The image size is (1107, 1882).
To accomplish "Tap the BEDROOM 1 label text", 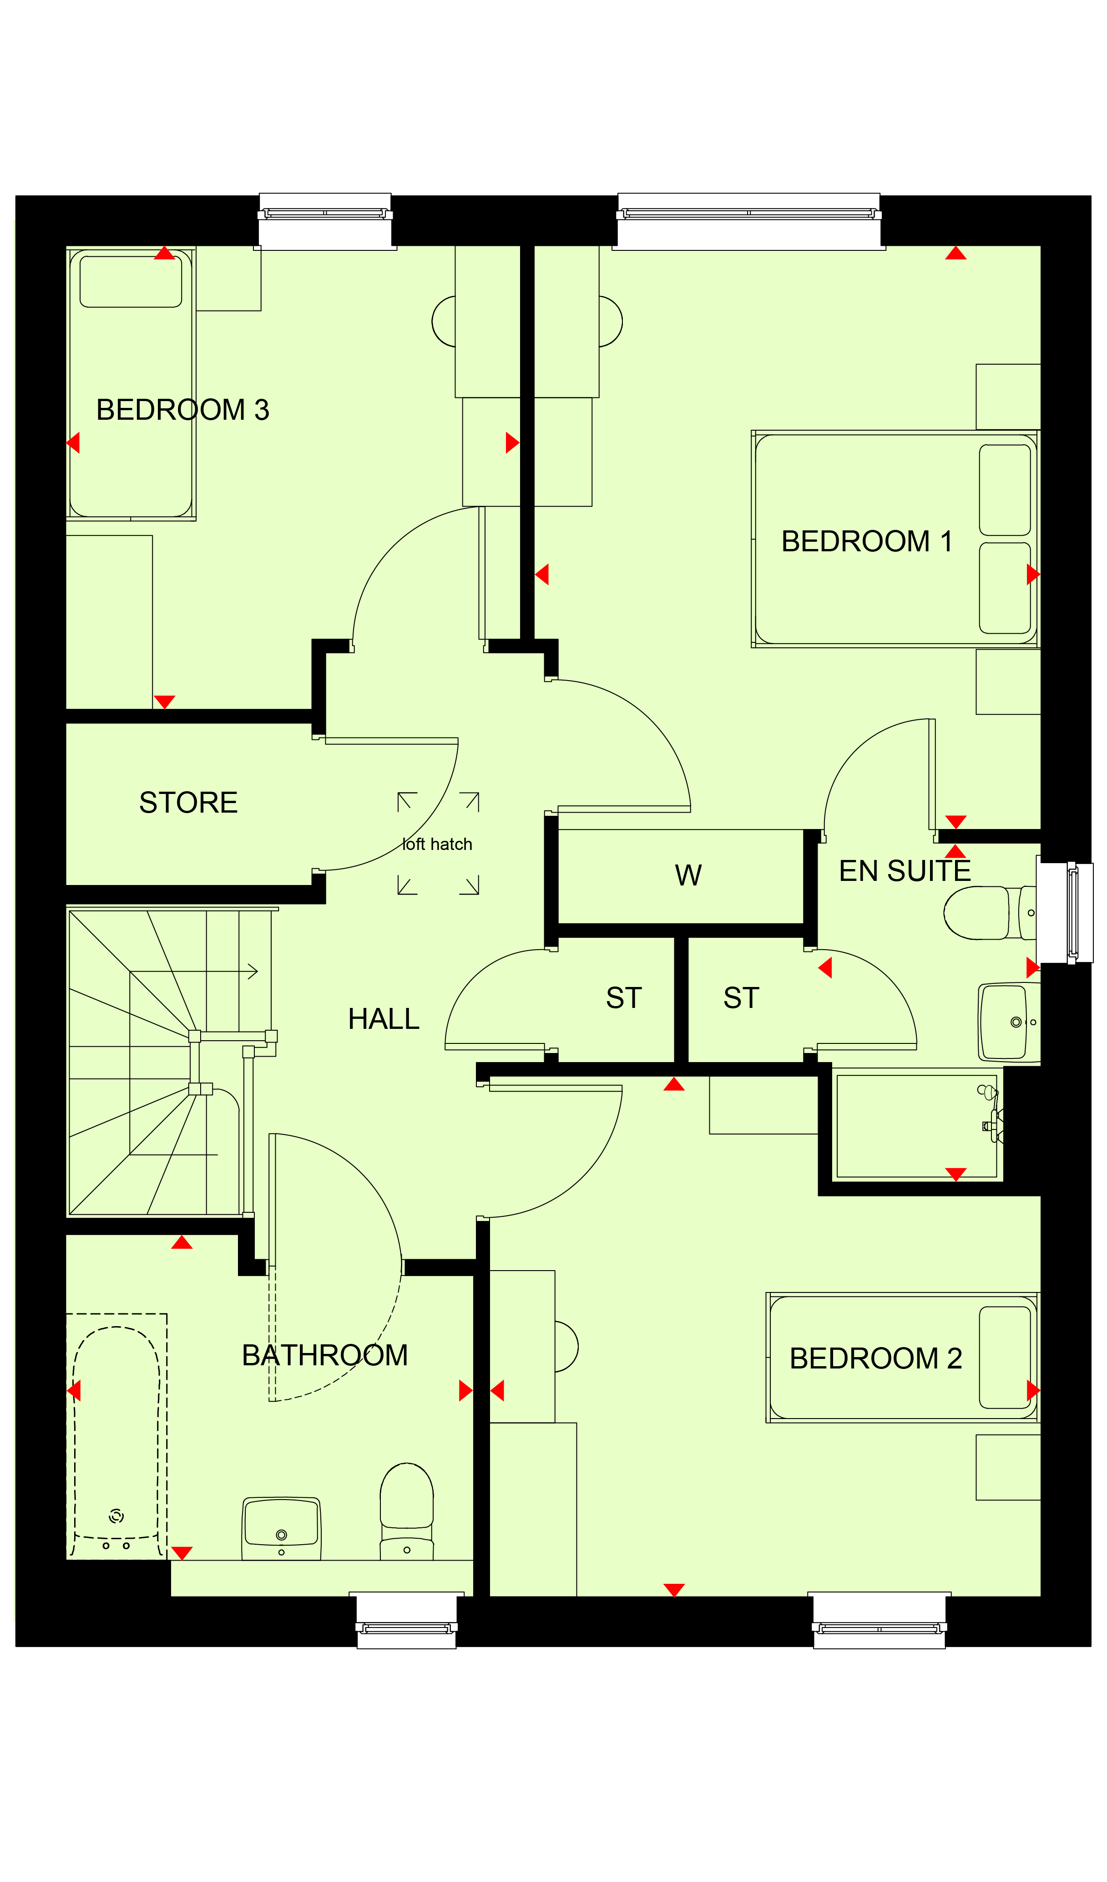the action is coord(867,541).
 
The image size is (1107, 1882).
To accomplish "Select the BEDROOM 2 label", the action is coord(875,1358).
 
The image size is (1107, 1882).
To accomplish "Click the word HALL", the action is coord(384,1019).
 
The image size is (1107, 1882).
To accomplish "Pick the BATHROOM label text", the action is coord(325,1355).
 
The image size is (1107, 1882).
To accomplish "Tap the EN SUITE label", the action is coord(905,871).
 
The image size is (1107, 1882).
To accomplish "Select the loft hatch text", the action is coord(437,844).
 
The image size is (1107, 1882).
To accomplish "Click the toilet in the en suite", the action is coord(989,913).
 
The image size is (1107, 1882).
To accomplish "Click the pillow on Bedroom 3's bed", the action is coord(131,281).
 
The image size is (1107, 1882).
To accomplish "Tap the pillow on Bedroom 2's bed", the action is coord(1005,1358).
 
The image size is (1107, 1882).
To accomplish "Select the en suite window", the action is coord(1065,912).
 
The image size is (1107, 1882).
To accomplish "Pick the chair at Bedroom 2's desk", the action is coord(566,1347).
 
